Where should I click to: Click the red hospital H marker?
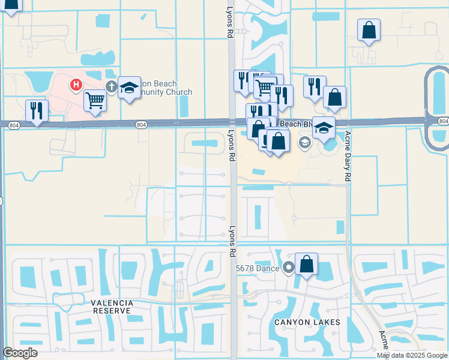coord(76,85)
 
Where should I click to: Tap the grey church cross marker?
coord(111,86)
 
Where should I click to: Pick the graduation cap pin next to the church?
coord(129,88)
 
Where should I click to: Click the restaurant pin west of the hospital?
coord(37,111)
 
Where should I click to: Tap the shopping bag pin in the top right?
coord(369,30)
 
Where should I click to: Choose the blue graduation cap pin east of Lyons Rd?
coord(324,127)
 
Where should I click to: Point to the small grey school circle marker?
coord(304,142)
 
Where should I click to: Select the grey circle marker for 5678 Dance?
coord(289,268)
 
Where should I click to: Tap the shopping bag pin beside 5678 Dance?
coord(306,264)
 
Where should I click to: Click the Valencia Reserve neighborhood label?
coord(111,307)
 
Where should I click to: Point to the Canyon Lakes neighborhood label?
coord(307,322)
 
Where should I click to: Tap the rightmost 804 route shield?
coord(443,121)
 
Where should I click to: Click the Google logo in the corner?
coord(20,353)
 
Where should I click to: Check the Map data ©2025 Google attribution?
coord(412,355)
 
